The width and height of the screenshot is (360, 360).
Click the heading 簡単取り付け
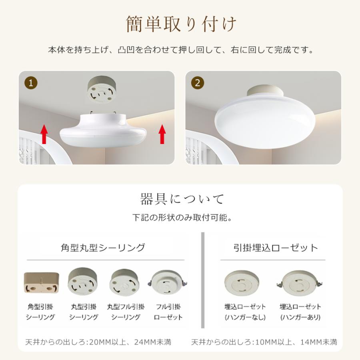coord(181,24)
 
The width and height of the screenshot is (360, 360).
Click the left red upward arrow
coord(44,134)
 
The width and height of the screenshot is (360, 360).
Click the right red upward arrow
coord(162,134)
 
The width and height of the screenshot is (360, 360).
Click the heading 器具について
coord(182,199)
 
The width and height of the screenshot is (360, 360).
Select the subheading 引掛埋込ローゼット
coord(276,248)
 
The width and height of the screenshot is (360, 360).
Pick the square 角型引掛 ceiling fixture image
coord(41,284)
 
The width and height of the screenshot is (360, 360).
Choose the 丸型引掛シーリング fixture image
coord(83,282)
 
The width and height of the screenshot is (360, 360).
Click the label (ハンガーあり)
coord(300,317)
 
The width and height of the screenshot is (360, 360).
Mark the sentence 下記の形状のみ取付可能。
coord(182,218)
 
